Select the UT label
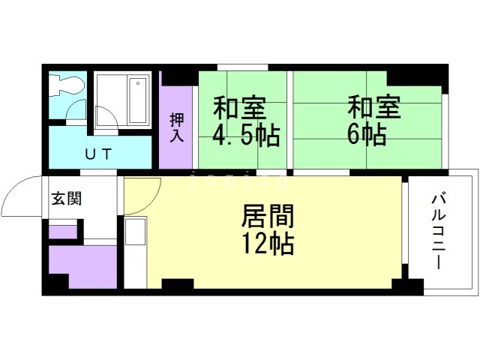pyautogui.click(x=97, y=154)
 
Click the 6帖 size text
pyautogui.click(x=367, y=136)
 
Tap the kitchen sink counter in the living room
pyautogui.click(x=135, y=252)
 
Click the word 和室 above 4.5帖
pyautogui.click(x=239, y=108)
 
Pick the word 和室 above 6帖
pyautogui.click(x=373, y=108)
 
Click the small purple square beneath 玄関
pyautogui.click(x=62, y=231)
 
